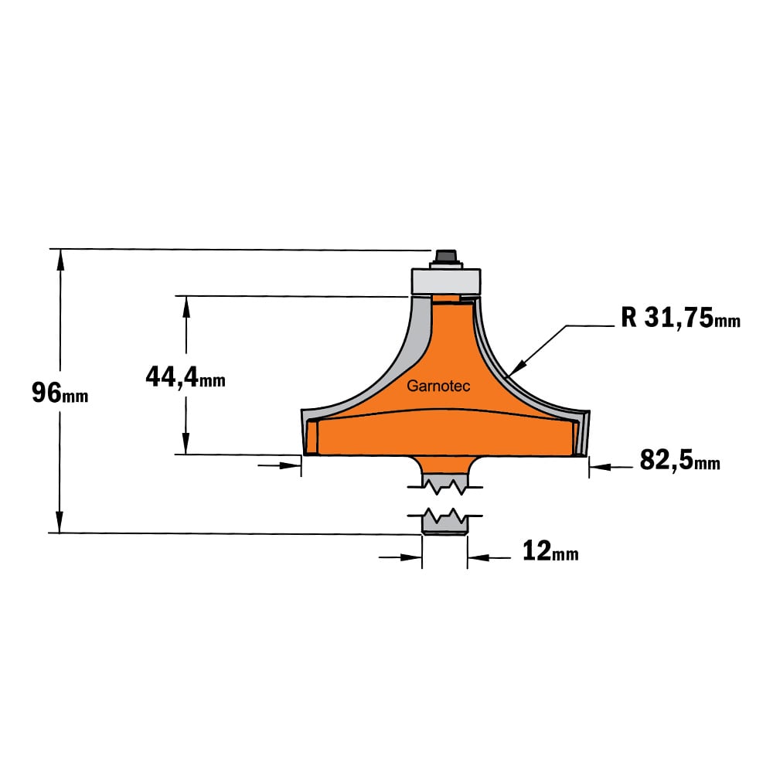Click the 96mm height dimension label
[x=60, y=393]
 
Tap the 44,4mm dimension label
[x=186, y=377]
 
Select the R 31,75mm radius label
[x=680, y=317]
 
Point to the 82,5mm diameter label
[x=679, y=461]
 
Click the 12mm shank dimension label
[x=550, y=550]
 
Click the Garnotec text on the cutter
[x=438, y=386]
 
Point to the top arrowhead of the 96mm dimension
[x=60, y=259]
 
